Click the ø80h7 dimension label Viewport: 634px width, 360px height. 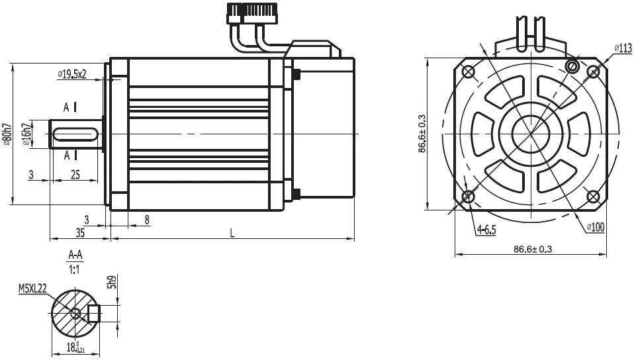click(6, 134)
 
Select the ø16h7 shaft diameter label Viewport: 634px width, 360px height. click(27, 135)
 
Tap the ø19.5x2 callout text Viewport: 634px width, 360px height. click(72, 73)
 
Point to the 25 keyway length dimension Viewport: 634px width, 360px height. click(75, 174)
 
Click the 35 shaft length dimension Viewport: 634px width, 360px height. click(80, 232)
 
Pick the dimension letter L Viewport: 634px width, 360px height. click(232, 233)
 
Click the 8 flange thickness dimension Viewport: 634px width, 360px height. click(147, 220)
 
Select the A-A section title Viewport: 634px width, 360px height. click(75, 255)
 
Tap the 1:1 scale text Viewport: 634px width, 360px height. click(75, 269)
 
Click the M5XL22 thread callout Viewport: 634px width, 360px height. click(32, 288)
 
